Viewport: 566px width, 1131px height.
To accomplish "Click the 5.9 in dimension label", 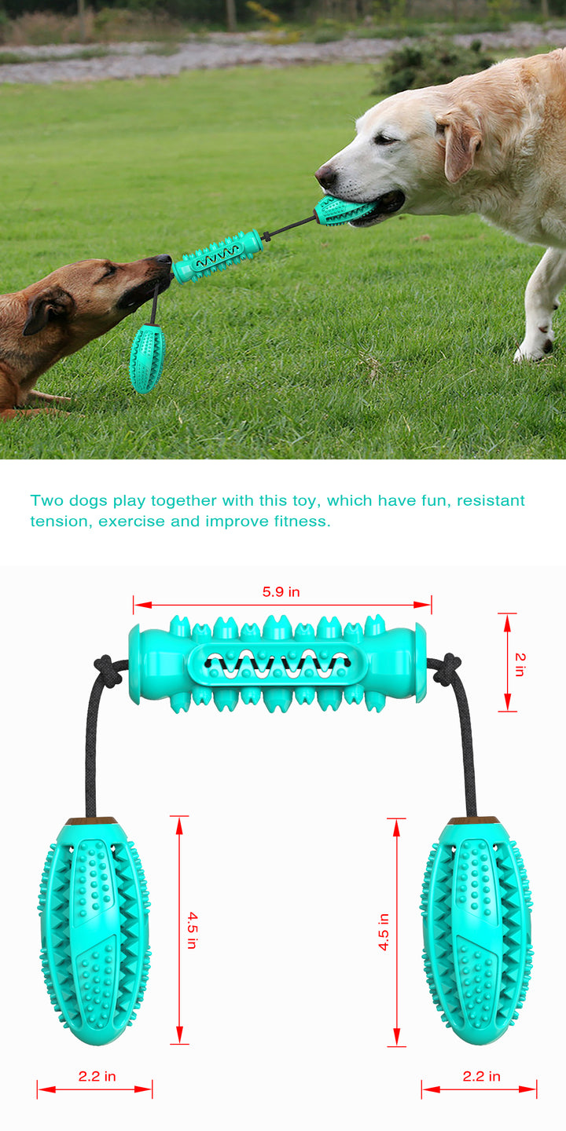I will point(281,591).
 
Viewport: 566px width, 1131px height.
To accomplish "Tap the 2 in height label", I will point(520,664).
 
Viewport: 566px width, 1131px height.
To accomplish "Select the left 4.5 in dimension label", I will point(192,930).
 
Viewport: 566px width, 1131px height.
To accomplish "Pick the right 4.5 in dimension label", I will point(384,932).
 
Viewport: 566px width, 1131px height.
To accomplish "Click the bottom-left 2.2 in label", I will point(97,1076).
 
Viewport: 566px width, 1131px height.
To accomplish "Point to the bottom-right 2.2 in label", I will point(481,1076).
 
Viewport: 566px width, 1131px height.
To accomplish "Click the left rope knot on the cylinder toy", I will point(107,670).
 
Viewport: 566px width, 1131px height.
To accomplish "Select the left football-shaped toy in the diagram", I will point(94,932).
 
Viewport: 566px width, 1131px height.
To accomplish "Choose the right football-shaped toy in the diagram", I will point(476,932).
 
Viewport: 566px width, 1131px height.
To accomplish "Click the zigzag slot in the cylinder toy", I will point(277,664).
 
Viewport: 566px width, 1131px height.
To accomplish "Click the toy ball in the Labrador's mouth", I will point(343,210).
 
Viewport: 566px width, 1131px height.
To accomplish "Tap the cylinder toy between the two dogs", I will point(217,256).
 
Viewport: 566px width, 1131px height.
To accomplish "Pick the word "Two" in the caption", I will point(46,500).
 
